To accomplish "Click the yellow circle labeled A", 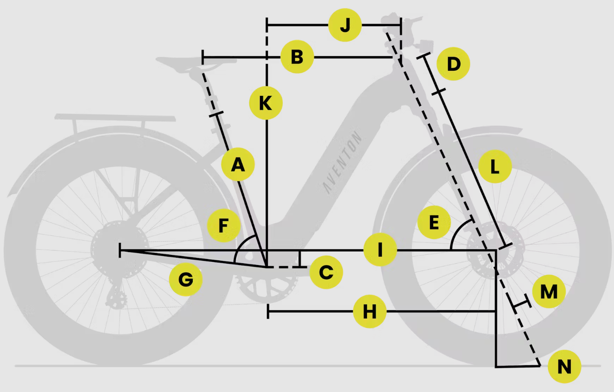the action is [x=238, y=164].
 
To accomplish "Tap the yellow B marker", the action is [x=297, y=57].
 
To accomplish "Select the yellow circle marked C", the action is [x=326, y=272].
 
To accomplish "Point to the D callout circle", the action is [x=453, y=64].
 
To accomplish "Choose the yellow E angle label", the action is [x=434, y=222].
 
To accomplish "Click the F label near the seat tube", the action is [x=224, y=225].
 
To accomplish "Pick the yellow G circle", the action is [x=186, y=279].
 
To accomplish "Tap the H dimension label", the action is [x=370, y=311].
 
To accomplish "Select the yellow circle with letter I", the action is [x=380, y=249].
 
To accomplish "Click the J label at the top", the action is [x=345, y=25].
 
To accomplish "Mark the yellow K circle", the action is [x=266, y=103].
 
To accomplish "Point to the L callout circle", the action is [x=495, y=166].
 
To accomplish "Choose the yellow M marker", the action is [x=549, y=291].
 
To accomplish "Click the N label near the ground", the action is [x=564, y=366].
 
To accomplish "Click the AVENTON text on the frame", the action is [x=342, y=162].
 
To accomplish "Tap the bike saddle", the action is [x=196, y=63].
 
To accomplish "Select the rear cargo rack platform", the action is [x=115, y=117].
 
